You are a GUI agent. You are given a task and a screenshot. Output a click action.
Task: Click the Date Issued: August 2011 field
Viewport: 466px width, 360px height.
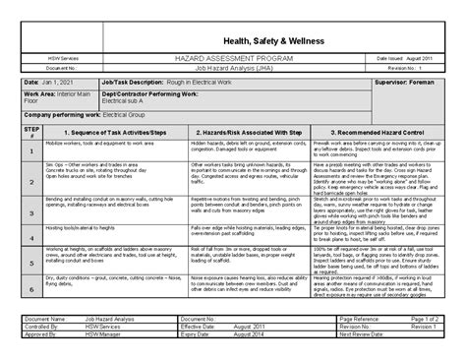pyautogui.click(x=402, y=59)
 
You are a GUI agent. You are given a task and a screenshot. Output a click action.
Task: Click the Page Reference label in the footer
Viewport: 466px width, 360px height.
pyautogui.click(x=361, y=321)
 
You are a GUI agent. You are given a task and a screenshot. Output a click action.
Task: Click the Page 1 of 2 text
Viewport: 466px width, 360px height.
pyautogui.click(x=424, y=321)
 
